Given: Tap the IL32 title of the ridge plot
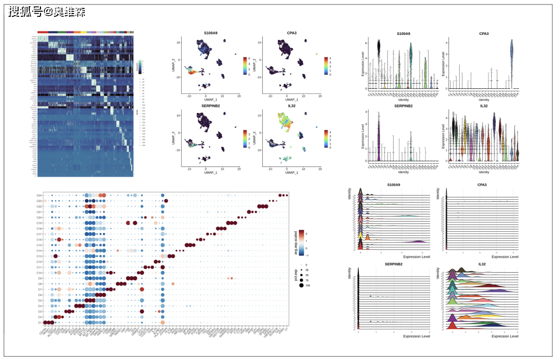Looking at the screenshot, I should (482, 263).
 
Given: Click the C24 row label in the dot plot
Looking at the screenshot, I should (40, 195).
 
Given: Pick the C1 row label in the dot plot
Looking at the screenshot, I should (40, 322).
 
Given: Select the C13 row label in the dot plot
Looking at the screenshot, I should (40, 256).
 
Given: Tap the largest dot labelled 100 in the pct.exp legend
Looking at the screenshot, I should (301, 286).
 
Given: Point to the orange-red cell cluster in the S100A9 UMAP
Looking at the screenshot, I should (193, 71).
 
